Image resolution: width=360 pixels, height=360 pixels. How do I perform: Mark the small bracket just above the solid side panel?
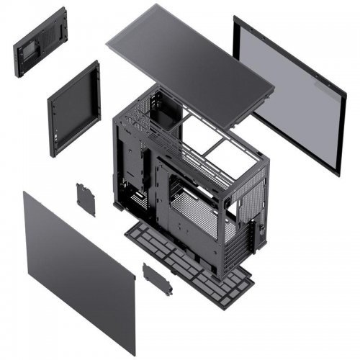[x=86, y=199]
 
